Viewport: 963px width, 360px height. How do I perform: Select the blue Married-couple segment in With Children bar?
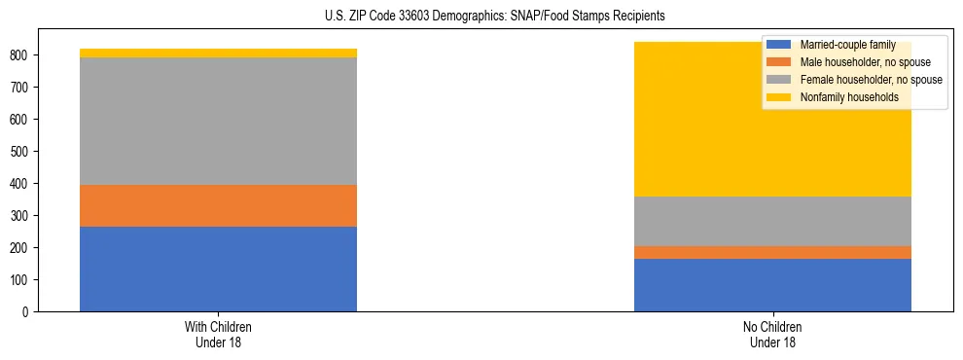[218, 269]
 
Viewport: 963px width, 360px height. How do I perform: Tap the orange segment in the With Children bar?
[218, 205]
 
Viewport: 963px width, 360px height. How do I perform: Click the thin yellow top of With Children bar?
[218, 54]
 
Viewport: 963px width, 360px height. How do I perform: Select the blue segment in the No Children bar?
[772, 285]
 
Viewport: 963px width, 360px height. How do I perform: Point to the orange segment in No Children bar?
[772, 252]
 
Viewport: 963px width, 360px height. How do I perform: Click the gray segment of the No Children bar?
[772, 221]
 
